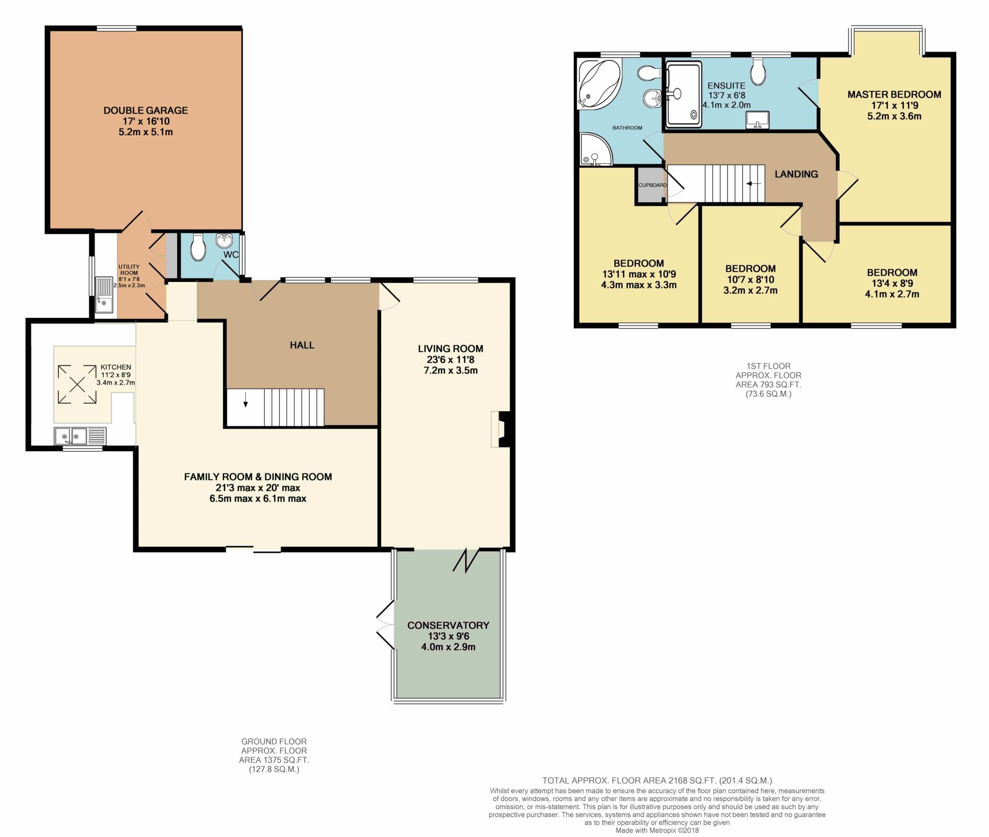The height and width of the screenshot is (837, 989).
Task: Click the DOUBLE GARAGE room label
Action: point(145,111)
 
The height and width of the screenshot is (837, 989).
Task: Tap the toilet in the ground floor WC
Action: point(198,247)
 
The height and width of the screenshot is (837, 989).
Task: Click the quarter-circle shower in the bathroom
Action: point(595,149)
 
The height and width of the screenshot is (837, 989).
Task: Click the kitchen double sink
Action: point(80,436)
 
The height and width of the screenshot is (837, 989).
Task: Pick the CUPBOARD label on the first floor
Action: point(652,185)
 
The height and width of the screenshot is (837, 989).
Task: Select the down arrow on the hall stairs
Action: point(246,399)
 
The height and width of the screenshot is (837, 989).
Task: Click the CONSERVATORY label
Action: point(448,625)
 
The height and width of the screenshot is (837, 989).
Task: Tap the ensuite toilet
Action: point(758,72)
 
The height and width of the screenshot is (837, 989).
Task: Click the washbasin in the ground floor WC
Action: point(225,240)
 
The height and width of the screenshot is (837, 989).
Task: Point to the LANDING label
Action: point(796,174)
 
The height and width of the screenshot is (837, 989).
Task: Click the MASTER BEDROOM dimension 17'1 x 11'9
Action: point(894,105)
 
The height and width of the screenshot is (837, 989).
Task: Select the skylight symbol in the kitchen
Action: point(77,384)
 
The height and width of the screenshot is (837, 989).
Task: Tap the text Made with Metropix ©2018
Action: point(657,831)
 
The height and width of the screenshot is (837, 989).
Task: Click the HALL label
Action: point(302,345)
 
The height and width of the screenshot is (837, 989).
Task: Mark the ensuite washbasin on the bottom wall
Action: point(758,120)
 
